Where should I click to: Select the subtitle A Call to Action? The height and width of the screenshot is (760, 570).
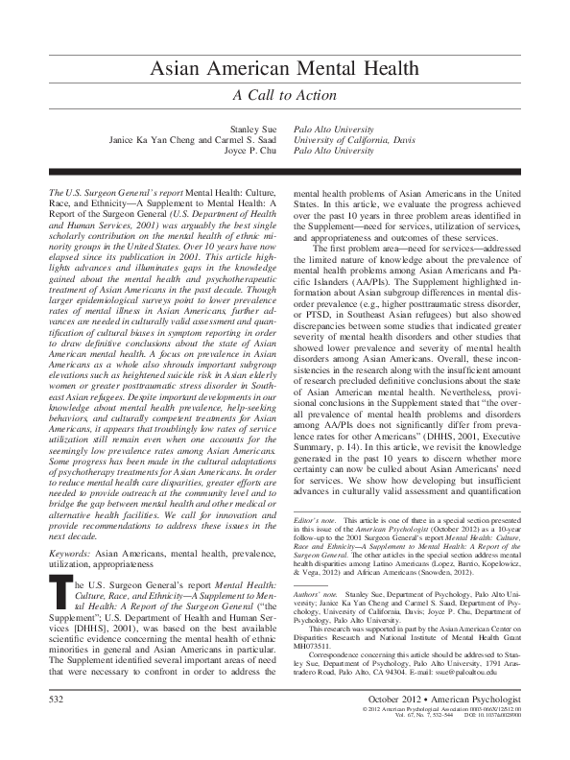point(284,96)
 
